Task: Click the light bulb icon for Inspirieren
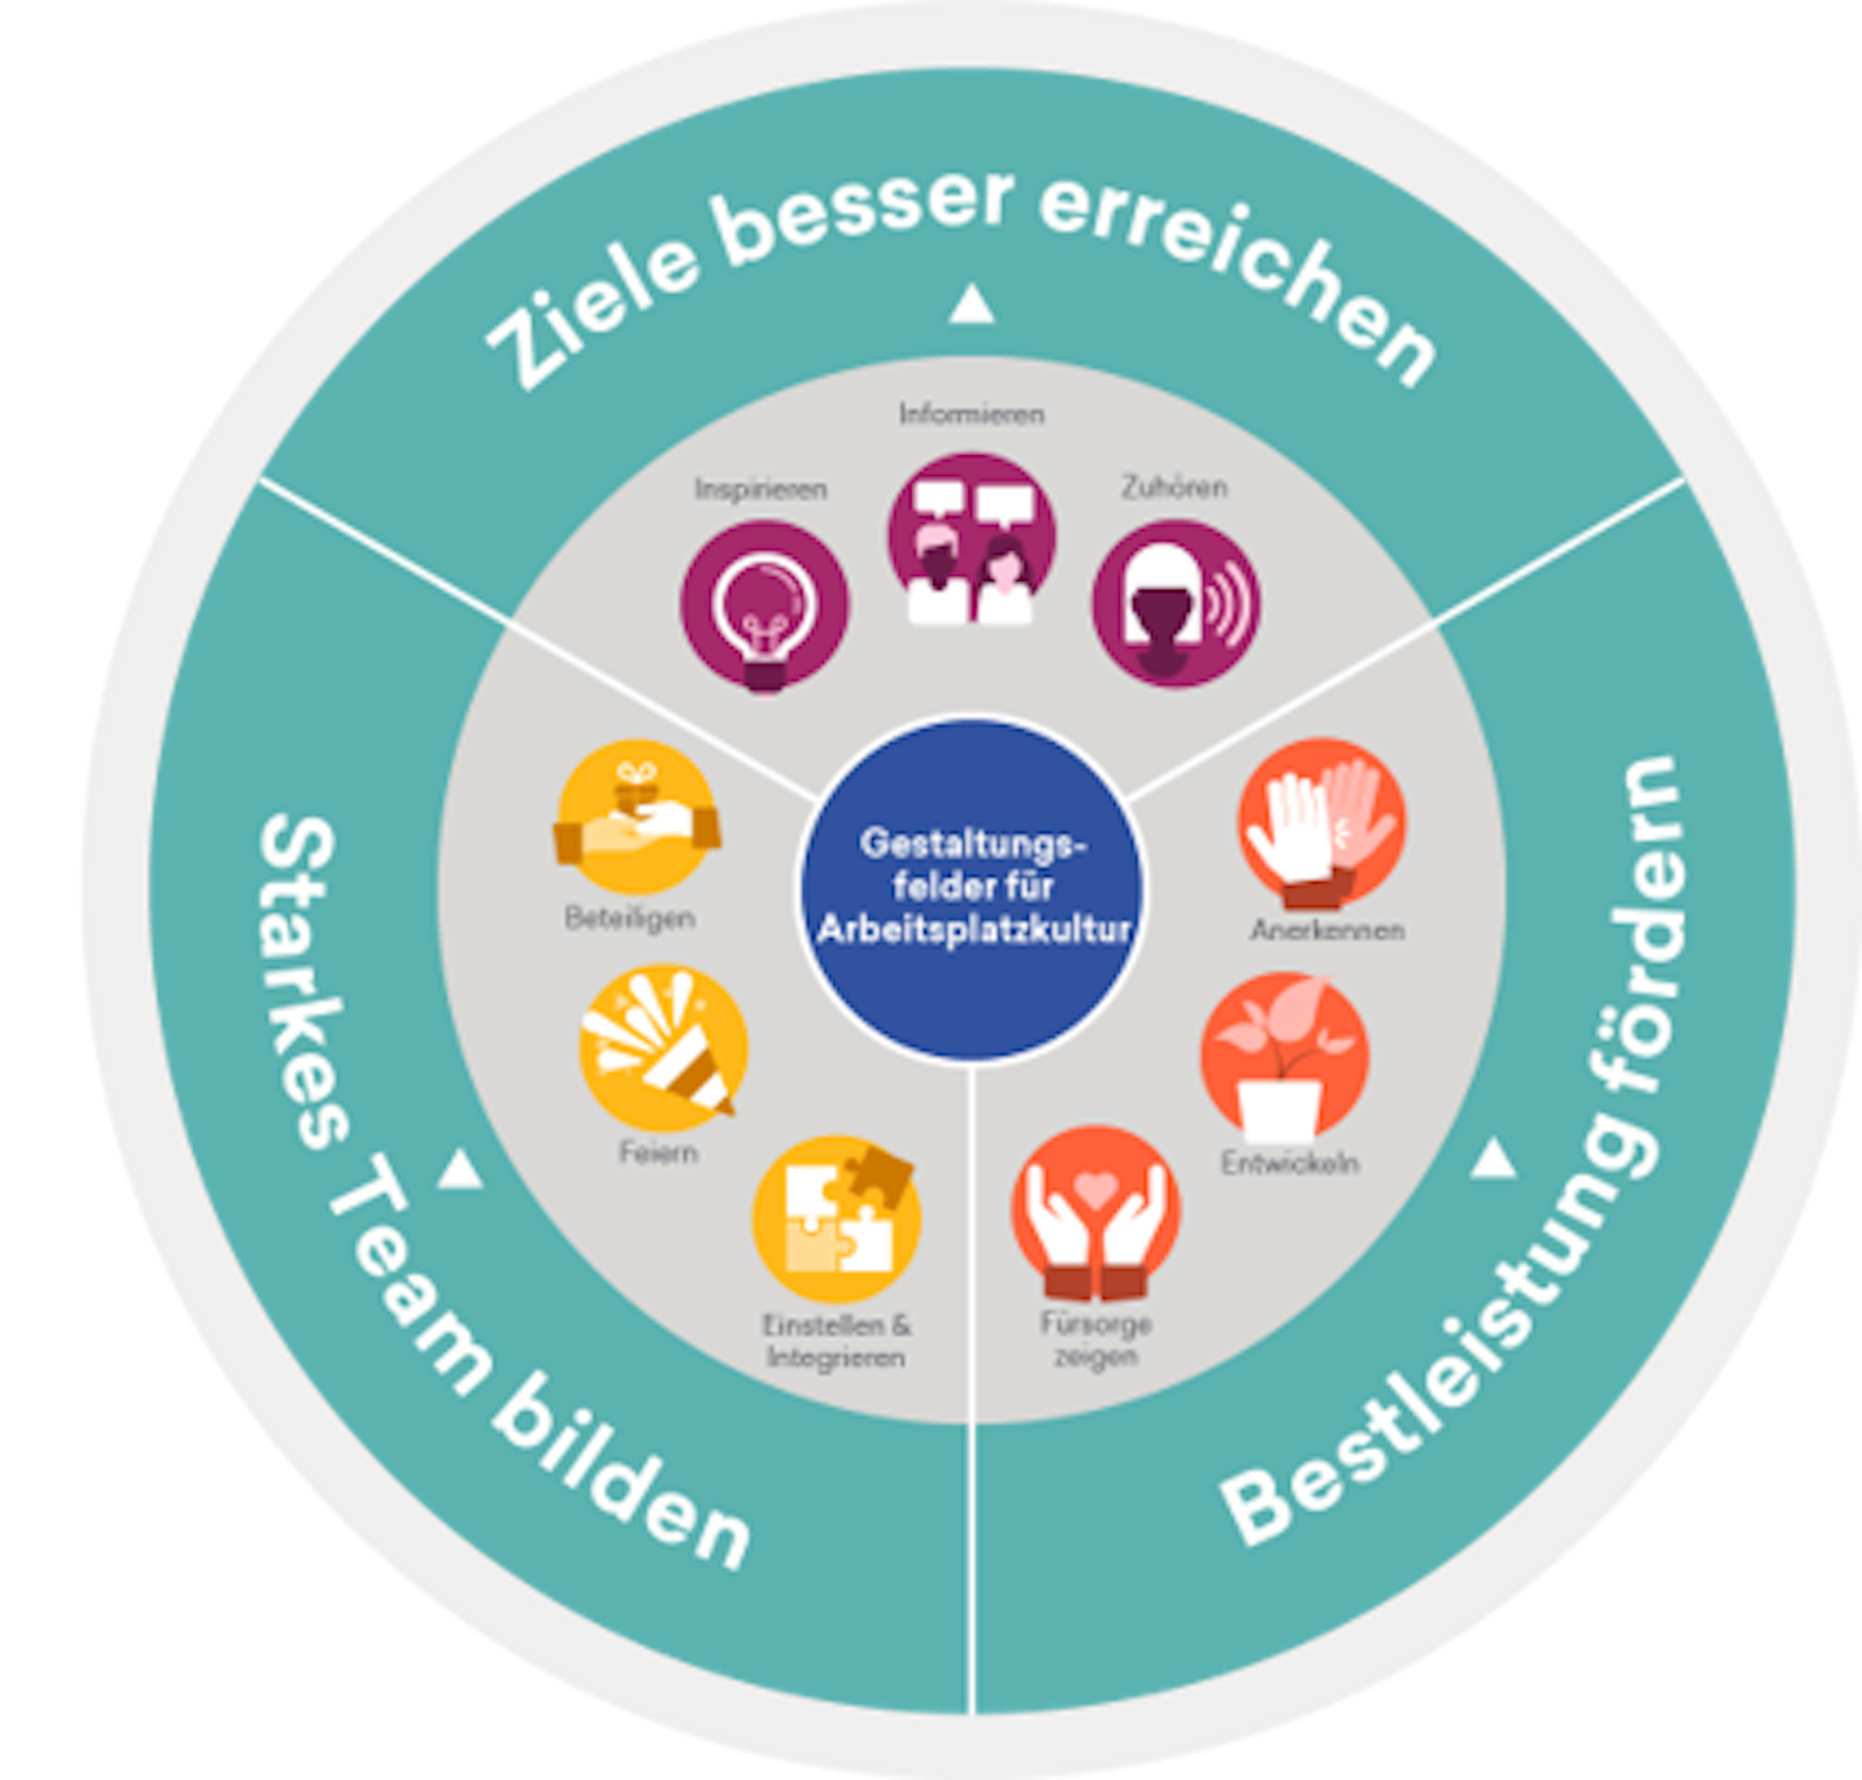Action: coord(764,606)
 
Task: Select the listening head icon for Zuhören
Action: coord(1175,603)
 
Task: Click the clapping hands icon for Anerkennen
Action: coord(1321,823)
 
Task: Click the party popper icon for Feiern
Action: coord(662,1052)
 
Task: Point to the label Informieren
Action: coord(972,414)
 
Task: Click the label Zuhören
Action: coord(1174,487)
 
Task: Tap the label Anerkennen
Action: coord(1327,930)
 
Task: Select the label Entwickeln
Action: coord(1290,1163)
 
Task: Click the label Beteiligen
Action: coord(630,918)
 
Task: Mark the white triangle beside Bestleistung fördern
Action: coord(1493,1158)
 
